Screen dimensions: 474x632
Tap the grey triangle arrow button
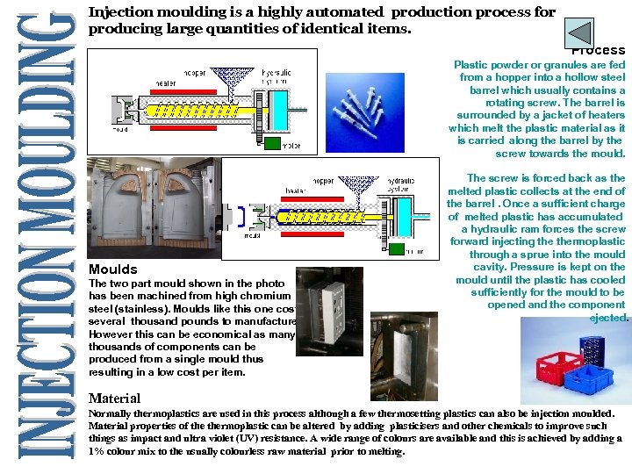pos(578,32)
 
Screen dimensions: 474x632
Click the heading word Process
pos(599,51)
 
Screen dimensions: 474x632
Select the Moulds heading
pos(113,269)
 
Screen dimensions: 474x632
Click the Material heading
pos(115,398)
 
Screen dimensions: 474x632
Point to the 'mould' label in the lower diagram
pos(251,236)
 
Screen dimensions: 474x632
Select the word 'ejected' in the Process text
pos(607,318)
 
